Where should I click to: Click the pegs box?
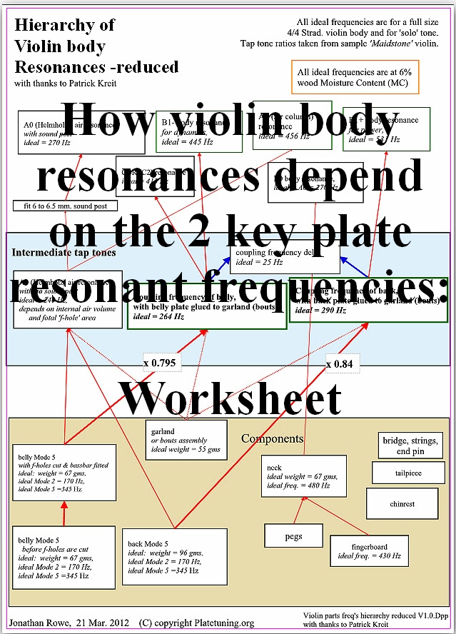pos(293,535)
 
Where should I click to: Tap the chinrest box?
pos(402,503)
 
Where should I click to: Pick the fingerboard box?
pos(370,550)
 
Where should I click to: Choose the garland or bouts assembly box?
pos(186,441)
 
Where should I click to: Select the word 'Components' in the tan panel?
pos(272,438)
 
